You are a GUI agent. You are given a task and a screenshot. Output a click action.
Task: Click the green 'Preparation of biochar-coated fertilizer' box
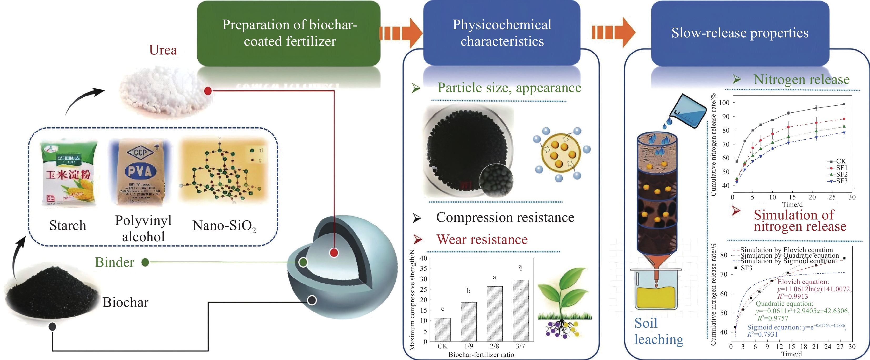[289, 33]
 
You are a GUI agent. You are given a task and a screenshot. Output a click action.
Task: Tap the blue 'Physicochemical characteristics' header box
[502, 33]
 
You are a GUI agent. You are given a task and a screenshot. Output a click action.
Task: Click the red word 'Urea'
[163, 50]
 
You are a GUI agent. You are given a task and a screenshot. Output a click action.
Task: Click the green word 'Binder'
[114, 262]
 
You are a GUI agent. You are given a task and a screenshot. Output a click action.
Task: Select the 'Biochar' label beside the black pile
[125, 302]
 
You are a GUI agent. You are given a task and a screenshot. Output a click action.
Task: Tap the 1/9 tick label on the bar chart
[469, 346]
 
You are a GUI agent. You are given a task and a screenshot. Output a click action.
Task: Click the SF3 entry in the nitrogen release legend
[842, 181]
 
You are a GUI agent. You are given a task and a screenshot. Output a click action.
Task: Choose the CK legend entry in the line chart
[841, 161]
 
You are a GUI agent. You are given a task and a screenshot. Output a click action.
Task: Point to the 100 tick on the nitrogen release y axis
[725, 103]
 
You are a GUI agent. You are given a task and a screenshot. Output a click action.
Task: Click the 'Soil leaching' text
[658, 331]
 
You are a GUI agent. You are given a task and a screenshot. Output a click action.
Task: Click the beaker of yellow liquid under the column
[656, 289]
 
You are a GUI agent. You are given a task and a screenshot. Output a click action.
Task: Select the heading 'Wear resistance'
[482, 239]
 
